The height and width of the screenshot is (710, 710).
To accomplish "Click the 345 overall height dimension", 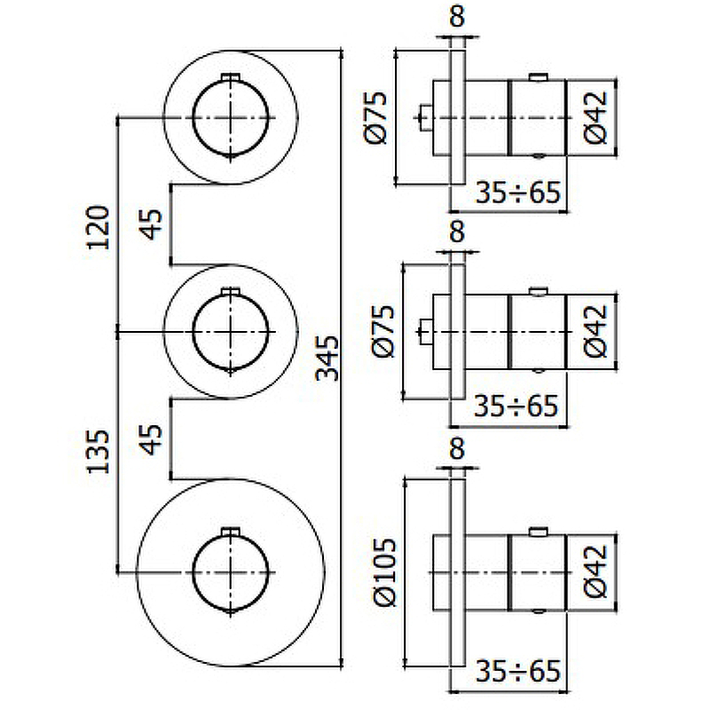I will tap(328, 357).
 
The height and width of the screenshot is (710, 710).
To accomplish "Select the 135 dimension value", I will tap(99, 450).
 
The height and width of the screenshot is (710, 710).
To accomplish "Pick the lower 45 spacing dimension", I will tap(152, 440).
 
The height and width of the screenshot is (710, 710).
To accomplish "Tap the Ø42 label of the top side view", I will tap(596, 117).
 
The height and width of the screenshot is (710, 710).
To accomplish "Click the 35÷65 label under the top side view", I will tap(517, 192).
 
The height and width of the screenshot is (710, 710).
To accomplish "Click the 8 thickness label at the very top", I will tap(457, 16).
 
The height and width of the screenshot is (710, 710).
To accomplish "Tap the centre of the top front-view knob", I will tap(231, 117).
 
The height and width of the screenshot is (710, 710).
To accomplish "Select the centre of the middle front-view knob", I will tap(231, 331).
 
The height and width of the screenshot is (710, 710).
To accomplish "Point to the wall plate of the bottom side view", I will tap(457, 569).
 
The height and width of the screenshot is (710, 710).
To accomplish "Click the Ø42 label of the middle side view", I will tap(596, 331).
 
